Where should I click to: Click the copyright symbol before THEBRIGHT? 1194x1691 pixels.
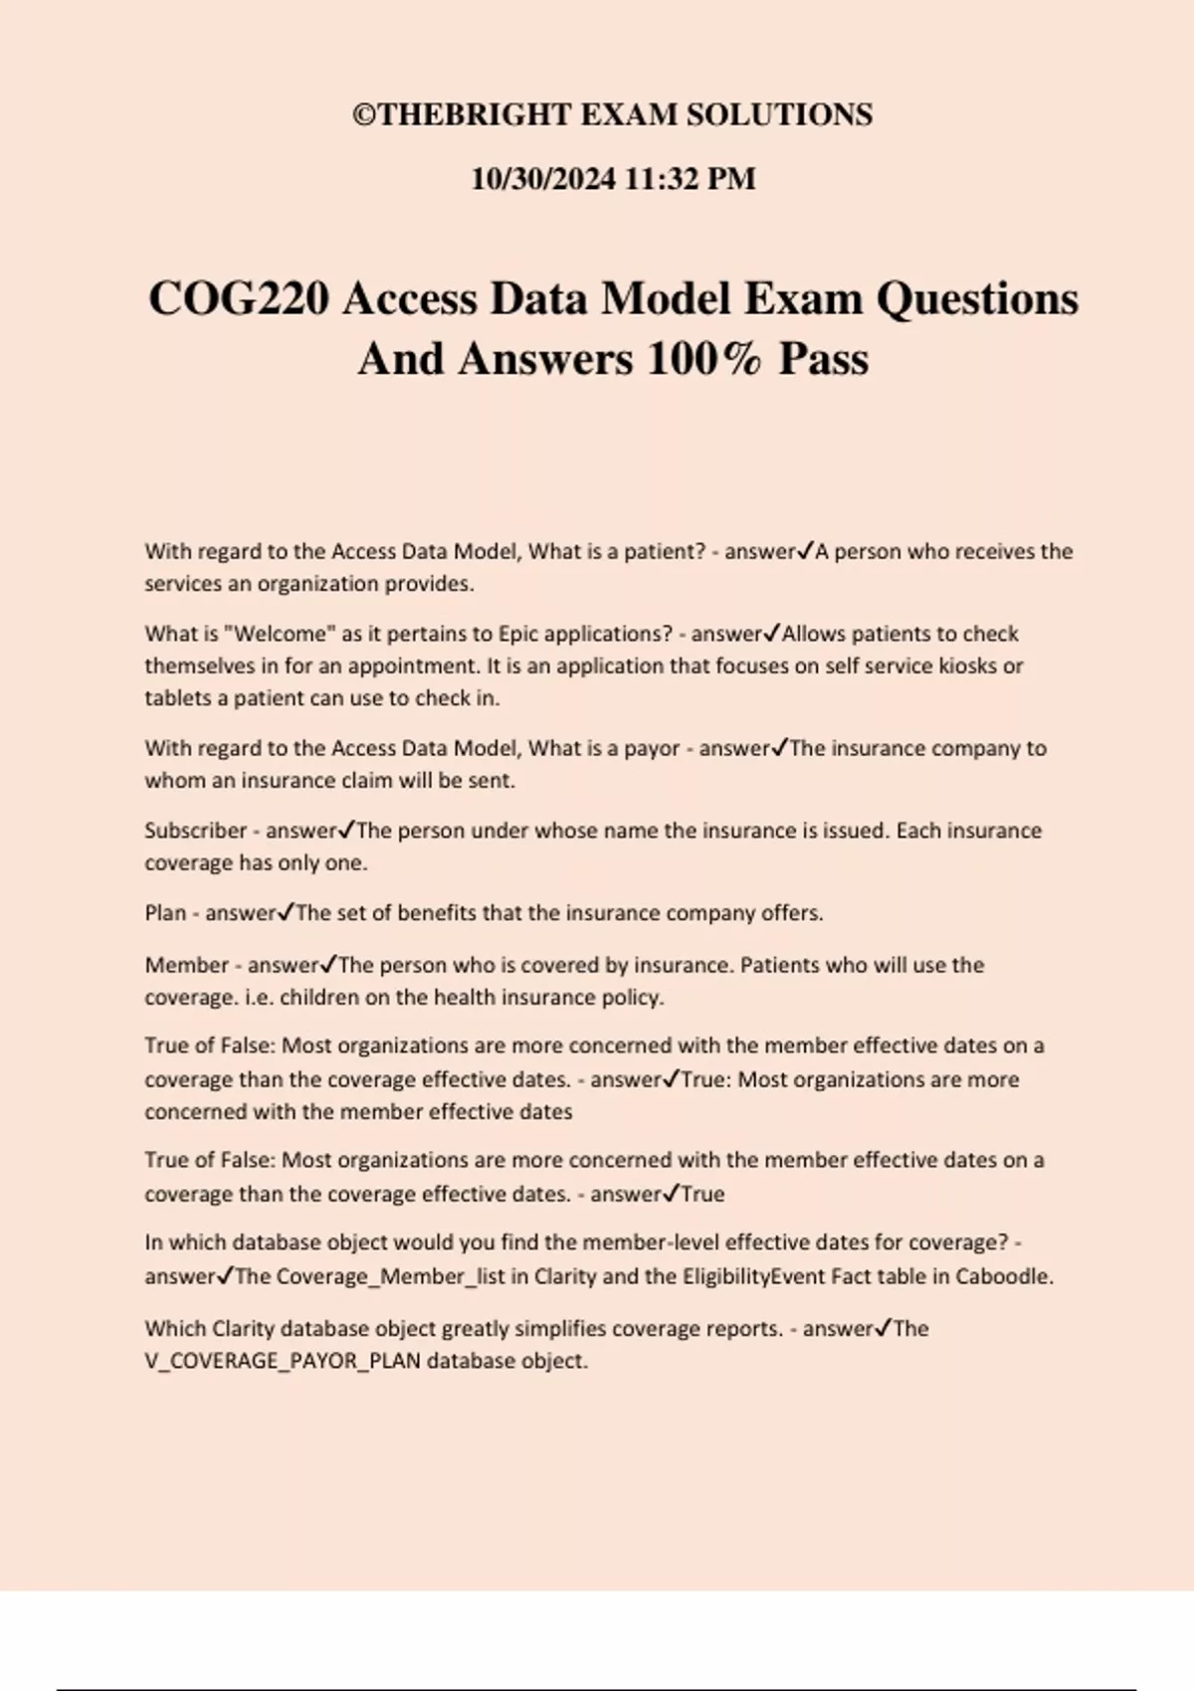pyautogui.click(x=363, y=115)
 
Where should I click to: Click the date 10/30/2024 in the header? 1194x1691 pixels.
pyautogui.click(x=542, y=179)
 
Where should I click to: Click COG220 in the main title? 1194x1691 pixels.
pyautogui.click(x=239, y=298)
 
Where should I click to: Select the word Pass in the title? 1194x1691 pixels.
pyautogui.click(x=823, y=359)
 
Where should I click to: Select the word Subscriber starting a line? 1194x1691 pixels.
pyautogui.click(x=195, y=831)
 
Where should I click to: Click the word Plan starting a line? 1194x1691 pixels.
pyautogui.click(x=165, y=913)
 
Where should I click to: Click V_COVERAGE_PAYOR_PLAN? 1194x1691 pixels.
pyautogui.click(x=283, y=1361)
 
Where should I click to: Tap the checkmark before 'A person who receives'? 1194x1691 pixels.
pyautogui.click(x=806, y=550)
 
